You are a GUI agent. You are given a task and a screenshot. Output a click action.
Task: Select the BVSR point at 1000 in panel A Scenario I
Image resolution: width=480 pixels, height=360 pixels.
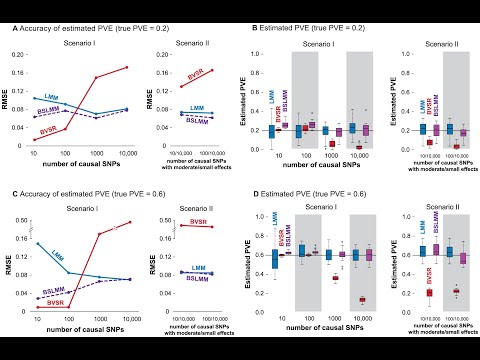[123, 78]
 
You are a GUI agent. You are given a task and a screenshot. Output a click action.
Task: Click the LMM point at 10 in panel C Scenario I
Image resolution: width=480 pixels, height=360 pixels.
[37, 243]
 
